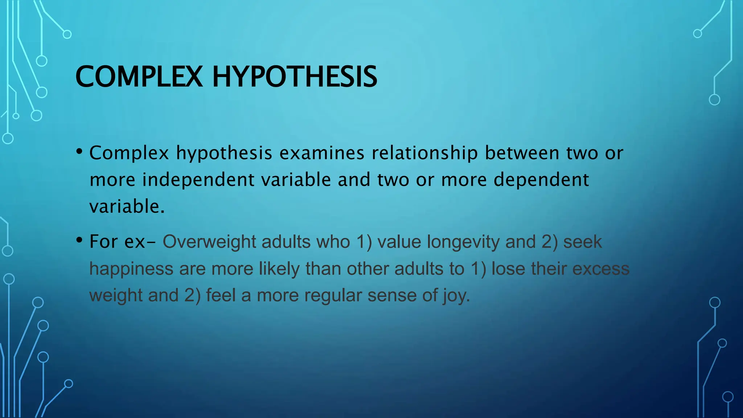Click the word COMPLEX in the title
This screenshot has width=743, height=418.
[x=139, y=77]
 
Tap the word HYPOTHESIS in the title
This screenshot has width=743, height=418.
[x=295, y=77]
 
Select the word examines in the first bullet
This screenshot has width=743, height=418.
[x=321, y=153]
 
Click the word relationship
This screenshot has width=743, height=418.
[x=424, y=153]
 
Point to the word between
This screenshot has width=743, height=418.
[x=522, y=153]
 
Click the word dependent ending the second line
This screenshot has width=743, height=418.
[x=541, y=180]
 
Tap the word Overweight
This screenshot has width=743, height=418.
[x=209, y=242]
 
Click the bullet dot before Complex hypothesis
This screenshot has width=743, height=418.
[x=79, y=152]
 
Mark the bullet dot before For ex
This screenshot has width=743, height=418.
[x=79, y=240]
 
